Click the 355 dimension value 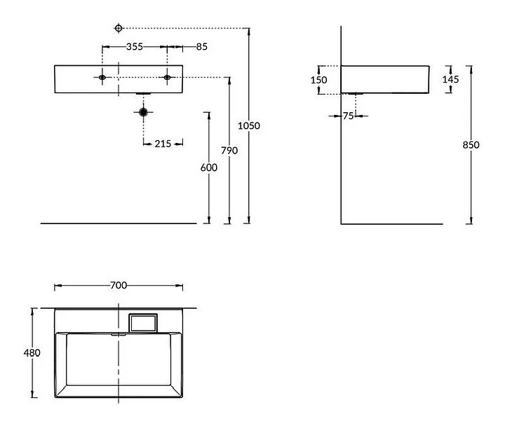click(135, 47)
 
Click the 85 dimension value click(201, 47)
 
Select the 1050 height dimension click(249, 125)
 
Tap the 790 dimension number click(229, 150)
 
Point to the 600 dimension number click(209, 167)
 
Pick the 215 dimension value click(163, 144)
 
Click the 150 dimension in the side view click(319, 80)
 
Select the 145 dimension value click(450, 79)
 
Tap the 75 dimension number click(348, 116)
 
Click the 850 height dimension click(471, 145)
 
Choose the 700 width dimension click(119, 285)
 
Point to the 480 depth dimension click(32, 353)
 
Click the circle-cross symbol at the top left click(119, 28)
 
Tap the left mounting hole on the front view click(102, 77)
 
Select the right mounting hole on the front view click(167, 77)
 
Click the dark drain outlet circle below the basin click(143, 112)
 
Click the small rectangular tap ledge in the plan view click(143, 323)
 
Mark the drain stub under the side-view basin click(356, 94)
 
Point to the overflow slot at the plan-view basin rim click(119, 335)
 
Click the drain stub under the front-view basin click(143, 94)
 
